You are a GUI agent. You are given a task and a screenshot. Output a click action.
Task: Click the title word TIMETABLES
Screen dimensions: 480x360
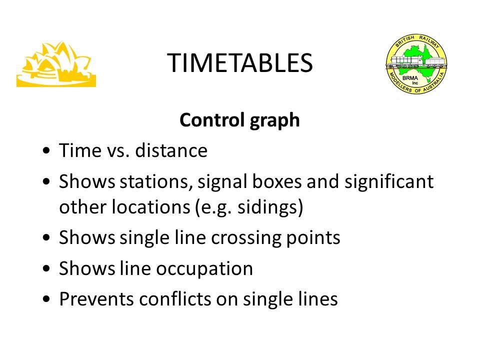(x=239, y=63)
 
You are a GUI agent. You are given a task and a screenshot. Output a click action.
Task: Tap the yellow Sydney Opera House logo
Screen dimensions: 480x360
(x=56, y=64)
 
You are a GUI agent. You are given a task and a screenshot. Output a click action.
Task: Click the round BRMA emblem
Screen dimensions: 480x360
(x=416, y=63)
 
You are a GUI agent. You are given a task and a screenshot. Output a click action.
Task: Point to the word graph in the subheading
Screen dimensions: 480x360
(x=274, y=121)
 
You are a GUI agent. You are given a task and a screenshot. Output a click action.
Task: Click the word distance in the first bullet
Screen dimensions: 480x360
(x=171, y=150)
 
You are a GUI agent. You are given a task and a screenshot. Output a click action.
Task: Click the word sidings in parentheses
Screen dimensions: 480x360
(x=267, y=207)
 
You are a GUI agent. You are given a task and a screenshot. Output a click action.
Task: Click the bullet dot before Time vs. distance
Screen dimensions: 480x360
(x=46, y=150)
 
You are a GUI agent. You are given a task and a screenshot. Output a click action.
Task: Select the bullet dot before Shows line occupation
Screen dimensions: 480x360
(x=46, y=269)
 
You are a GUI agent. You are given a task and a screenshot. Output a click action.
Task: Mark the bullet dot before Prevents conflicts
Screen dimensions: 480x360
(x=46, y=299)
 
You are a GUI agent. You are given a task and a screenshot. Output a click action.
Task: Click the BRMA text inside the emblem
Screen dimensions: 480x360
(x=410, y=78)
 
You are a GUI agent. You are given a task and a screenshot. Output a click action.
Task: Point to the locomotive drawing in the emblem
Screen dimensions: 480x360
(x=416, y=62)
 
